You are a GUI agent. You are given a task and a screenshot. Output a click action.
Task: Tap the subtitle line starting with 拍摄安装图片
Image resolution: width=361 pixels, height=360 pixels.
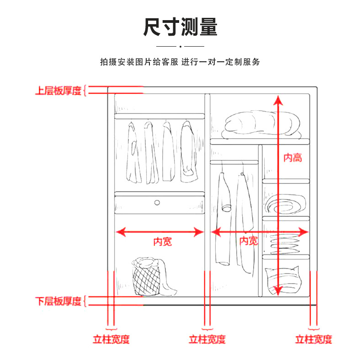tap(180, 62)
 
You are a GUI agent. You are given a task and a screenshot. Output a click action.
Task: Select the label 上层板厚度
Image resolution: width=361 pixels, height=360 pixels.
tap(58, 90)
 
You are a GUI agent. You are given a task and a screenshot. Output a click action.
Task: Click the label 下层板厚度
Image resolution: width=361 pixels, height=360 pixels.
tap(58, 301)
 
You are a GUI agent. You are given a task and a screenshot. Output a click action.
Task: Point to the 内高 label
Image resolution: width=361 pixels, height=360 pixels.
tap(292, 158)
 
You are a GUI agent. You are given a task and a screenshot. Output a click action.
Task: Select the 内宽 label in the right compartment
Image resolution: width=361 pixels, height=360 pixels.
tap(249, 241)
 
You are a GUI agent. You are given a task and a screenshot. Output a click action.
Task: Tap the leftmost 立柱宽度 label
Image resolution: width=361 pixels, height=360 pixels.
tap(111, 339)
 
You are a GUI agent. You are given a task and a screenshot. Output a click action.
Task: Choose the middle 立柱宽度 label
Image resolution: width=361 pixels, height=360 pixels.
tap(207, 339)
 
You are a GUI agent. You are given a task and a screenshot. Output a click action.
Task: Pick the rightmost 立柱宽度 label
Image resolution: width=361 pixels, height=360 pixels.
tap(313, 339)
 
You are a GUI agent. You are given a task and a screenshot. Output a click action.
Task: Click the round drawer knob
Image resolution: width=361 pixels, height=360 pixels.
tap(157, 202)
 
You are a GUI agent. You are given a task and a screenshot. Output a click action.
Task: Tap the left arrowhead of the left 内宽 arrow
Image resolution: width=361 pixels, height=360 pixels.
tap(120, 232)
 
